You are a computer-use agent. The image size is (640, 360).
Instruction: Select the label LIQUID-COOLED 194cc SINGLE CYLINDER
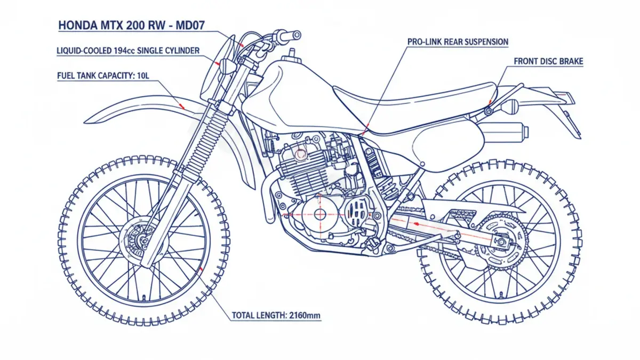(128, 51)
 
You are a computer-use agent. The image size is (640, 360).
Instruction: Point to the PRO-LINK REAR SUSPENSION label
(458, 42)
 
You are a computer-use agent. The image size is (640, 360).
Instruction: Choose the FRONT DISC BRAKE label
(548, 61)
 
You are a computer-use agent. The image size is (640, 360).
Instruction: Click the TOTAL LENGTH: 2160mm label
(276, 316)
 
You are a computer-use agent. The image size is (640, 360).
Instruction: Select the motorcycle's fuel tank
(288, 96)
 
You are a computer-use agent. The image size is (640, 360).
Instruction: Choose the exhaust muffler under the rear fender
(501, 130)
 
